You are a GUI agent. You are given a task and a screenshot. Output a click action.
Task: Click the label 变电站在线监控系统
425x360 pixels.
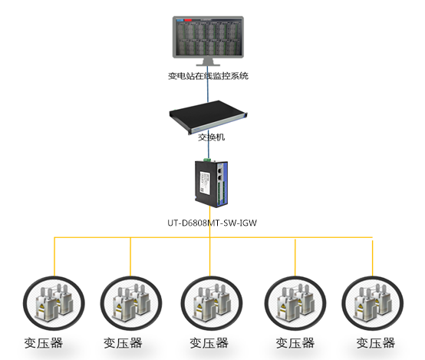coord(209,76)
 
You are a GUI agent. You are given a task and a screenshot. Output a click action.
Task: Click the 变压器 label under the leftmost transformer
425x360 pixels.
coord(43,343)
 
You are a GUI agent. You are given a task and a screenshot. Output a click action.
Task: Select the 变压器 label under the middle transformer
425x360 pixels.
coord(209,343)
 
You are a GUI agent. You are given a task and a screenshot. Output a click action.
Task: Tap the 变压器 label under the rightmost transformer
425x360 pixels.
coord(376,343)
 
